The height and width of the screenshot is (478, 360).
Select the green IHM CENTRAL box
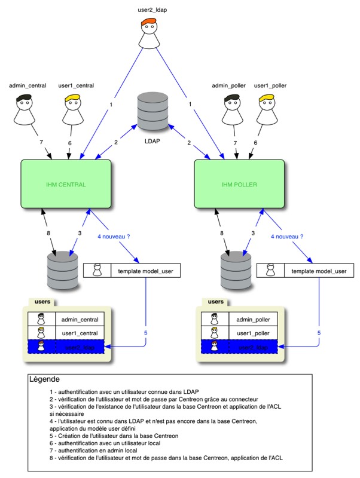66,184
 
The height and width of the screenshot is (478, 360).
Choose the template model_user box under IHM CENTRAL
132,271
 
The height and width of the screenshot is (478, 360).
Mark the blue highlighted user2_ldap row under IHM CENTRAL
67,347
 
